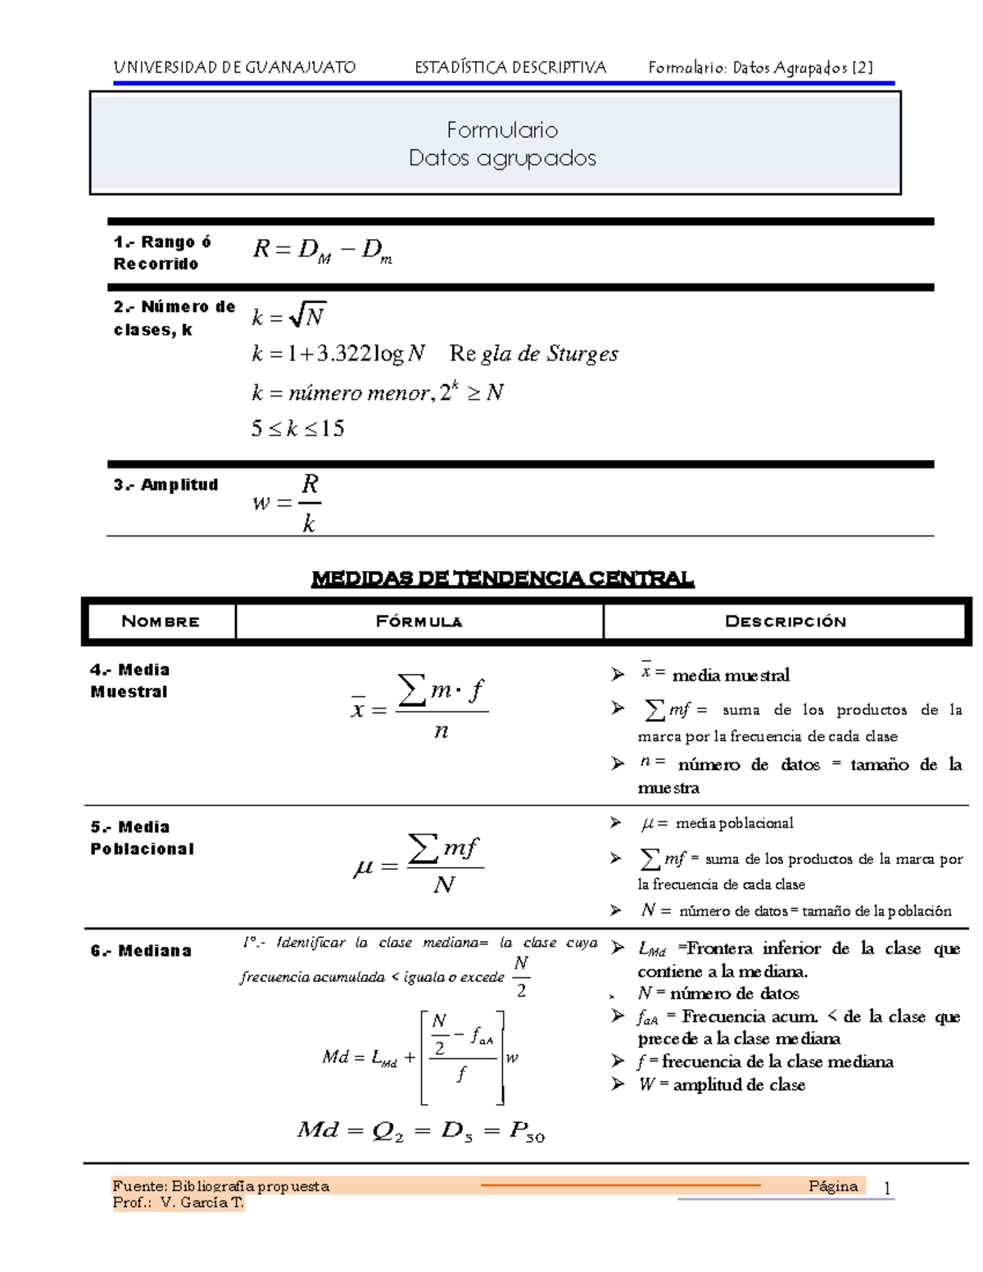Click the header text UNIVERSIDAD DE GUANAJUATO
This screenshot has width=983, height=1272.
[x=234, y=67]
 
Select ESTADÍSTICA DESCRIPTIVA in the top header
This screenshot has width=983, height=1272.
[x=510, y=67]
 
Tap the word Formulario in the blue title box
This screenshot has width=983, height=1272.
[x=502, y=129]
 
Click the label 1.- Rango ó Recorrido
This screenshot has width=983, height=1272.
[x=162, y=252]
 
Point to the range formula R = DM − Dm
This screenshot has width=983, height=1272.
[x=322, y=250]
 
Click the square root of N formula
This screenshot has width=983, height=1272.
[x=289, y=315]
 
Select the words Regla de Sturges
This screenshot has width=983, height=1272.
[x=533, y=354]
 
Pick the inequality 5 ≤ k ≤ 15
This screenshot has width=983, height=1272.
[x=297, y=428]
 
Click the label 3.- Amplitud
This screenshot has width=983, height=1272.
[x=165, y=485]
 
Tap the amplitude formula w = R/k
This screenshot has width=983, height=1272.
[x=288, y=503]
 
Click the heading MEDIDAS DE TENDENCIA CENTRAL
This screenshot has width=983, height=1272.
[x=502, y=579]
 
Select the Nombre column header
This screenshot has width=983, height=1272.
[x=160, y=622]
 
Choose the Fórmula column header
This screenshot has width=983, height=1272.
[x=419, y=622]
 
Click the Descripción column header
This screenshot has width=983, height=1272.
[x=785, y=622]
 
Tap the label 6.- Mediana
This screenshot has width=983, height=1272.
[x=141, y=951]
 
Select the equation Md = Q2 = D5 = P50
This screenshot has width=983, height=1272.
[x=420, y=1131]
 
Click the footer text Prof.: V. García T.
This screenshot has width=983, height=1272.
[x=179, y=1202]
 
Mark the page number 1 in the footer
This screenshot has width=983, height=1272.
[x=887, y=1188]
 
